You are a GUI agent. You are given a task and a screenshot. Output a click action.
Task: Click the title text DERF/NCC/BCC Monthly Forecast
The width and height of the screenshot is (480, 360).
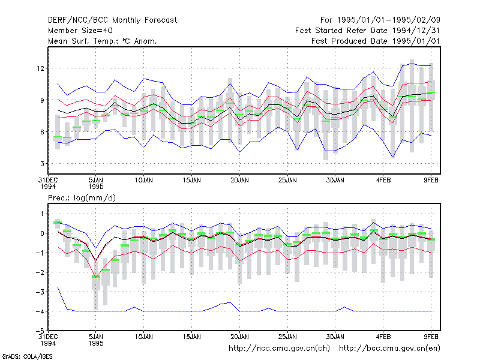pos(112,20)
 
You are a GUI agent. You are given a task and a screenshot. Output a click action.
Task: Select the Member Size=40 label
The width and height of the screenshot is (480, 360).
pos(80,31)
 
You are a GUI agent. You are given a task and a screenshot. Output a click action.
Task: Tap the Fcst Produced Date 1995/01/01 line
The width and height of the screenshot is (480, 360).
pos(376,41)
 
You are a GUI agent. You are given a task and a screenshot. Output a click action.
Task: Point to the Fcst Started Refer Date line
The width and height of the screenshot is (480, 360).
pos(367,31)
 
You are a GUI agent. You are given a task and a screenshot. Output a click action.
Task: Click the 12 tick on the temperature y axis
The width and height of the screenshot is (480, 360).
pos(41,68)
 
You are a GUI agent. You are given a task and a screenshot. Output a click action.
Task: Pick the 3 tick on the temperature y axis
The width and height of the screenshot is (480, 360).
pos(42,164)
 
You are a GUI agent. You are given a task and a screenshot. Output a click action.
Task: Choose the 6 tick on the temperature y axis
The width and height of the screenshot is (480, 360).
pos(42,132)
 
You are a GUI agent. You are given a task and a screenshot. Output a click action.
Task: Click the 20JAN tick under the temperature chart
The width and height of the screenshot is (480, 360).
pos(239,181)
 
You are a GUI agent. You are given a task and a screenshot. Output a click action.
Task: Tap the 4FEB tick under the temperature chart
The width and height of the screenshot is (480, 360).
pos(383,181)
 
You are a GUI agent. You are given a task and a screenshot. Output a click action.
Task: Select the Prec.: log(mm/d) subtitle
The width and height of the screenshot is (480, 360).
pos(82,198)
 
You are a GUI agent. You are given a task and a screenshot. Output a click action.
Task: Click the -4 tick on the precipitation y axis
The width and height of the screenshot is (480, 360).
pos(40,311)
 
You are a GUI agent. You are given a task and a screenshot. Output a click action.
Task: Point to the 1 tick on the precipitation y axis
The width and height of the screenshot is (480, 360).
pos(43,214)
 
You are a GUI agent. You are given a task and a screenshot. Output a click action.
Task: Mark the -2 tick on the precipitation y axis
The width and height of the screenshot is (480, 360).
pos(40,272)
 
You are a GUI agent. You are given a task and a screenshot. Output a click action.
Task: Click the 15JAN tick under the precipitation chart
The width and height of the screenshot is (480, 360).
pos(192,337)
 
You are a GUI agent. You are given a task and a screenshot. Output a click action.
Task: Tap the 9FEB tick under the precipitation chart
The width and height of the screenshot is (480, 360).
pos(431,337)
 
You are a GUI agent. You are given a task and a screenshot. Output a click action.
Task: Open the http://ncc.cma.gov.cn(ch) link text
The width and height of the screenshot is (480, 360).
pos(279,349)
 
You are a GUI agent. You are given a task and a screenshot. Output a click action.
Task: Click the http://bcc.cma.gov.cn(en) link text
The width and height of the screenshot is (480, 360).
pos(389,349)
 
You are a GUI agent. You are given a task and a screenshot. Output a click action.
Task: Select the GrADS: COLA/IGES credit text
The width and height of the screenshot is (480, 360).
pos(27,356)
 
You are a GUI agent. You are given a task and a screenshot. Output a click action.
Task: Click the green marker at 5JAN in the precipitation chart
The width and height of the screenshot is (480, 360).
pos(96,277)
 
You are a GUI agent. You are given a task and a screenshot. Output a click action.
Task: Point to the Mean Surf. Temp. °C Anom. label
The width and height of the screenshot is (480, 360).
pos(103,41)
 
